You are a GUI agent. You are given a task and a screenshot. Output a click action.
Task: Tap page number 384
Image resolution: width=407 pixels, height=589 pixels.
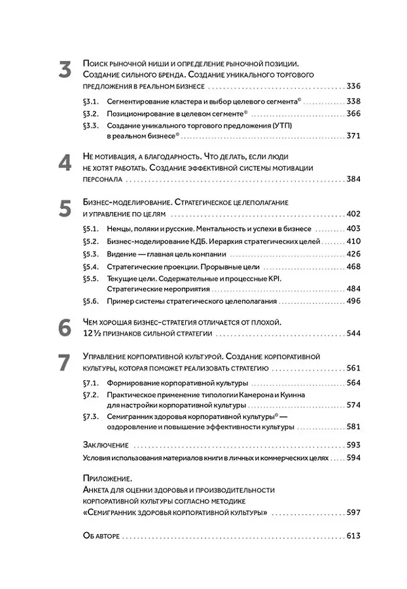pos(354,179)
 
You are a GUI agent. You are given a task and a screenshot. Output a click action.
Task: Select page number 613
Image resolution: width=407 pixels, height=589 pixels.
pos(354,536)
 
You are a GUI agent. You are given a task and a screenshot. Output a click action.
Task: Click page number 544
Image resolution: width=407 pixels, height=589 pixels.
pos(354,334)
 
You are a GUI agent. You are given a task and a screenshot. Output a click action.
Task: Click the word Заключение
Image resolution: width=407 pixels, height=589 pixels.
pos(106,444)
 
